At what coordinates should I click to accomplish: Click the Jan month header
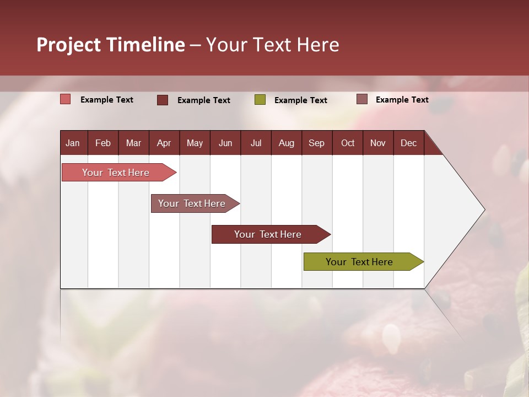tap(73, 143)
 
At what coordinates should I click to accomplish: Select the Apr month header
tap(164, 143)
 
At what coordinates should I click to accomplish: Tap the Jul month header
tap(256, 143)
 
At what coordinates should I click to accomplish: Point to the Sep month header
tap(316, 143)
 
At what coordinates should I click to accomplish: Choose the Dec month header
tap(408, 143)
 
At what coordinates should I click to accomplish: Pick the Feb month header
tap(103, 143)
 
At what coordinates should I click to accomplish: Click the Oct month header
tap(348, 143)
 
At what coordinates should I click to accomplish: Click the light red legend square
tap(66, 99)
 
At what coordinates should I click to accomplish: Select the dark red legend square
tap(163, 100)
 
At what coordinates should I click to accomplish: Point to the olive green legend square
tap(260, 100)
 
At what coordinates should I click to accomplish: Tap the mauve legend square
tap(362, 99)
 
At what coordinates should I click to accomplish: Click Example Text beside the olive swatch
tap(300, 100)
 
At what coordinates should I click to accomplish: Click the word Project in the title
tap(69, 45)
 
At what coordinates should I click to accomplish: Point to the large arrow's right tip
tap(484, 210)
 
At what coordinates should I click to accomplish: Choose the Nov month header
tap(378, 143)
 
